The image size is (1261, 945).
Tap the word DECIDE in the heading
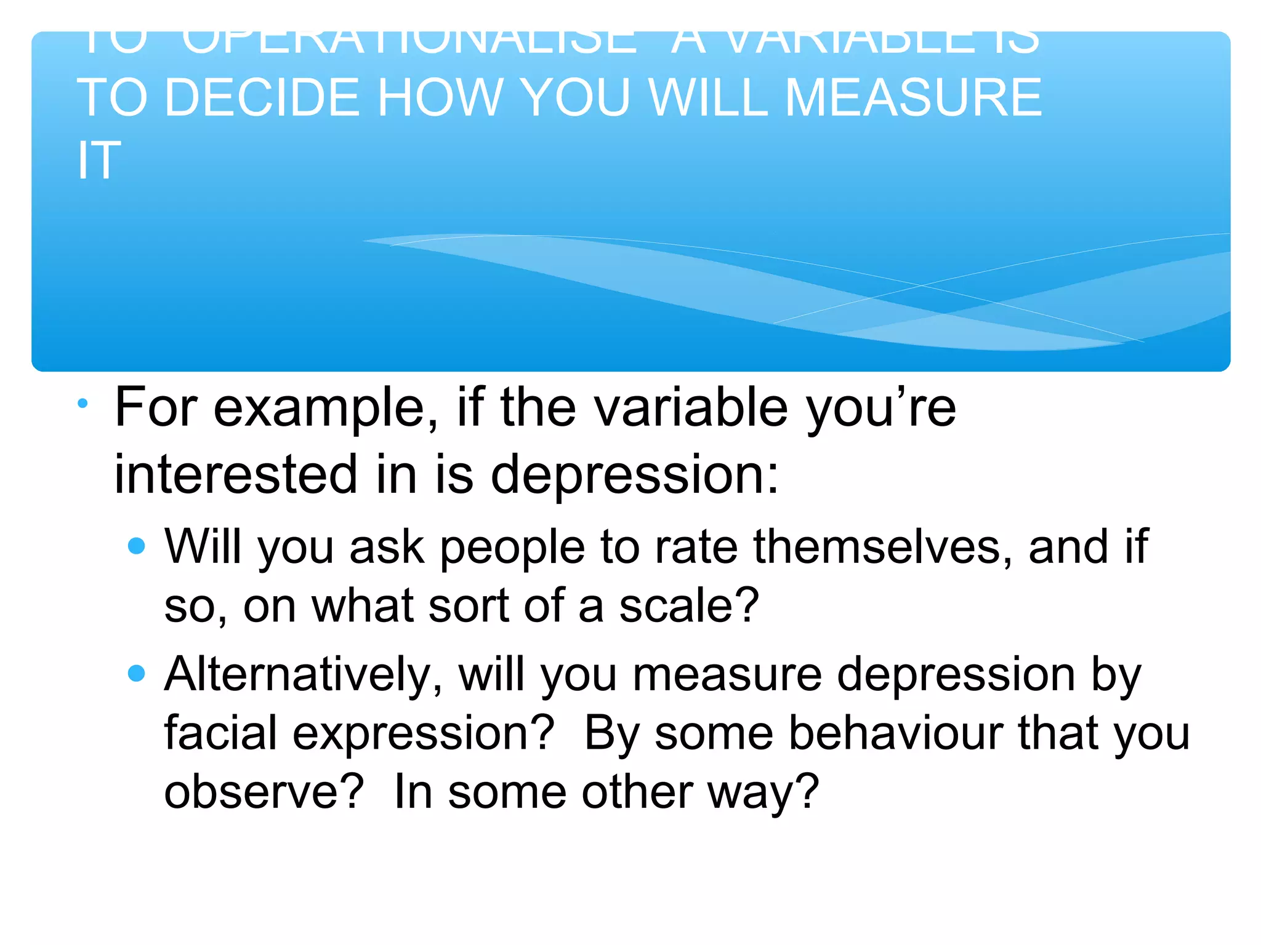tap(262, 98)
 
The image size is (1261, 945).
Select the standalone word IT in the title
tap(99, 161)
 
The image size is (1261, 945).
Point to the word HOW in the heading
tap(440, 98)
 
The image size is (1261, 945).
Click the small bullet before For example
tap(83, 404)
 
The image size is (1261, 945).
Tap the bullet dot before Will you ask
tap(136, 546)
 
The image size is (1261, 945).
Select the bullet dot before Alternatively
tap(136, 673)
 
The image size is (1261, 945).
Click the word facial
tap(220, 733)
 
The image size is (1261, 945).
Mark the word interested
tap(236, 474)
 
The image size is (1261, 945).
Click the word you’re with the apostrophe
tap(880, 409)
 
